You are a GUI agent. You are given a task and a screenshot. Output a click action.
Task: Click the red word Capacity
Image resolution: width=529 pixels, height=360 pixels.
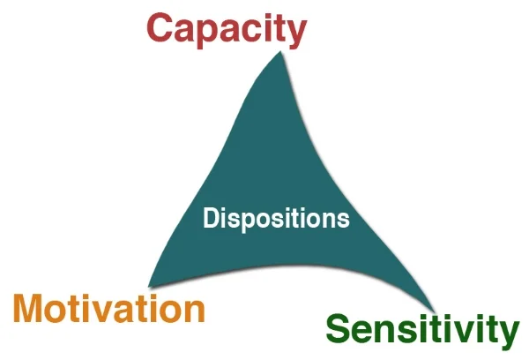227,27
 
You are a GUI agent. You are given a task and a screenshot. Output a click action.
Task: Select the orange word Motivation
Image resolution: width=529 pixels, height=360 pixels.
109,310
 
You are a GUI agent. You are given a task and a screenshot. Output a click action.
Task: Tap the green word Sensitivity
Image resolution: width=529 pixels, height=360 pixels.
421,331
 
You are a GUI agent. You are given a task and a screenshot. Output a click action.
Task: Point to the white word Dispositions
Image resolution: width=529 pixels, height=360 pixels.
276,218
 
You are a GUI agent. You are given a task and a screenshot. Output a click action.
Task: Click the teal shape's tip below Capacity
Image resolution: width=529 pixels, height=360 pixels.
281,53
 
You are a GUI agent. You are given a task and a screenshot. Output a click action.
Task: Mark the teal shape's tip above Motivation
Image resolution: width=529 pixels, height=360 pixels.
152,285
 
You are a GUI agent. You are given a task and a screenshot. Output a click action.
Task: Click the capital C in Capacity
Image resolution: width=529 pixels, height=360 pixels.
161,27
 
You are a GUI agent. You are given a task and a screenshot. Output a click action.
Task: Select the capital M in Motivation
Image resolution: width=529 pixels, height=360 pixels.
33,310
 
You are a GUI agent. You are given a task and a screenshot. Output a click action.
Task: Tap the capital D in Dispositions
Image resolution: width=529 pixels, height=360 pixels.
211,218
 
